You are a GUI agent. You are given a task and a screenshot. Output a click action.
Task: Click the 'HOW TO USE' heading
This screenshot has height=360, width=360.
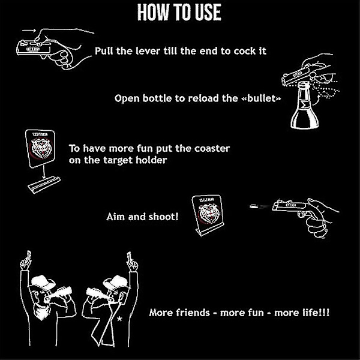tap(179, 13)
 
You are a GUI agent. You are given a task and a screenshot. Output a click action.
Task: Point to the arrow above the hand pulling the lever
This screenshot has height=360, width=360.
tap(29, 31)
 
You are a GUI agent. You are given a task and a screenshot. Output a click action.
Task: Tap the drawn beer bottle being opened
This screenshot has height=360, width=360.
tap(304, 105)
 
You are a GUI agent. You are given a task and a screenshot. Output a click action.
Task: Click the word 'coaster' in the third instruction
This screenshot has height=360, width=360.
tap(212, 149)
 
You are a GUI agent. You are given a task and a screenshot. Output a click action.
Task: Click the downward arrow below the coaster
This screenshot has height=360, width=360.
tap(44, 172)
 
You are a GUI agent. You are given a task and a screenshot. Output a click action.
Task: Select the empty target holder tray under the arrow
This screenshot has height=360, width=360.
tap(44, 185)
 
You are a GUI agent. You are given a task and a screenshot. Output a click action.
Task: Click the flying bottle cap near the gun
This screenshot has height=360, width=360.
tap(253, 206)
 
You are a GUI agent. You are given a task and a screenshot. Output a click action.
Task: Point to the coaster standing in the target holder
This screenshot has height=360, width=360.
tap(208, 215)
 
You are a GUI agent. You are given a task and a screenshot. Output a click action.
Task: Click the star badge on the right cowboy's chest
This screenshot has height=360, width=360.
tap(119, 319)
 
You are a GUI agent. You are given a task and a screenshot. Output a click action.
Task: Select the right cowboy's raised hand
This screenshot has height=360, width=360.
tap(132, 262)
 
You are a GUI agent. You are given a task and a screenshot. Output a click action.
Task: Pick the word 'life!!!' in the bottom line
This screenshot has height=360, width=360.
tap(316, 313)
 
